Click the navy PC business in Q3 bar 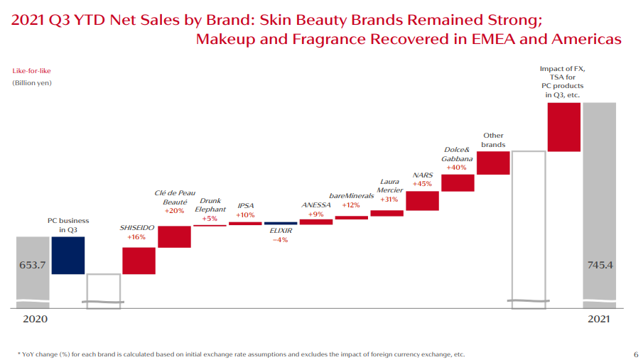(68, 255)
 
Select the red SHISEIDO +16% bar (139, 261)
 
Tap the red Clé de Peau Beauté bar (174, 236)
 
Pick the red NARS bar (422, 201)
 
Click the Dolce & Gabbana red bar (458, 182)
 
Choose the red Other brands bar (493, 163)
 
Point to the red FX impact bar (564, 127)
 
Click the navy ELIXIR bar (281, 224)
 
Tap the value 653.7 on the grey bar (31, 265)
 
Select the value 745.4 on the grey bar (600, 266)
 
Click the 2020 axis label (35, 320)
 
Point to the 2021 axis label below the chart (599, 320)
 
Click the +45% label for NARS (422, 184)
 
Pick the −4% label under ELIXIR (281, 240)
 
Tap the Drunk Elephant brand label (210, 205)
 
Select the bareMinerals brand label (351, 196)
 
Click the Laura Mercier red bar (387, 213)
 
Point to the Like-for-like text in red (31, 71)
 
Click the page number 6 (635, 354)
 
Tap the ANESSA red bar (316, 222)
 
